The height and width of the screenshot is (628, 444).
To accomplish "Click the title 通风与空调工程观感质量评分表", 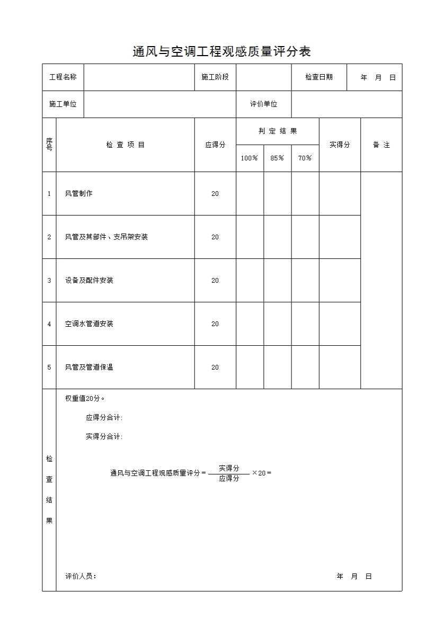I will coord(221,51).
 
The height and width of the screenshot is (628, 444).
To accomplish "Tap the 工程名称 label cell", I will coord(63,77).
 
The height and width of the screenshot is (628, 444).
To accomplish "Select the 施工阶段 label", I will coord(215,77).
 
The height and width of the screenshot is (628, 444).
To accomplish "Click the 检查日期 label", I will coord(319,77).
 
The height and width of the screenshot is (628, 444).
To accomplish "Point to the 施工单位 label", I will coord(63,104).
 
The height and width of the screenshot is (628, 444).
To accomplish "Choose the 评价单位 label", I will coord(263,104).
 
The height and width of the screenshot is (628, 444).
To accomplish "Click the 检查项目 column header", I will coord(126,145).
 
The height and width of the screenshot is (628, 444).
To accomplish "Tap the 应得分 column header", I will coord(215,145).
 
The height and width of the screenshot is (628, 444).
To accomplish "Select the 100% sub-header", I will coord(250,158).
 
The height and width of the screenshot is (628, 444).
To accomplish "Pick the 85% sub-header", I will coord(277,158).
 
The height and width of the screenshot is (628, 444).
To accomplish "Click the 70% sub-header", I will coord(305,158).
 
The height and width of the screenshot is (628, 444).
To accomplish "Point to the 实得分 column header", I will coord(340,145).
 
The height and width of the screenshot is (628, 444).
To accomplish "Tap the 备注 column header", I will coord(381,145).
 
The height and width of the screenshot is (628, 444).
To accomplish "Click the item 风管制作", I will coord(79,194).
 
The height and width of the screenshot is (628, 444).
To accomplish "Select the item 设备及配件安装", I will coord(89,281).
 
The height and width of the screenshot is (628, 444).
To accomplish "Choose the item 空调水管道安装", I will coord(89,324).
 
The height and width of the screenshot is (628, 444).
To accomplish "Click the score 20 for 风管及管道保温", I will coord(215,367).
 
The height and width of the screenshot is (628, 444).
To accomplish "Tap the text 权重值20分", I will coord(85,399).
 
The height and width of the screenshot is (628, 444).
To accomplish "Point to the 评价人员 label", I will coord(81,577).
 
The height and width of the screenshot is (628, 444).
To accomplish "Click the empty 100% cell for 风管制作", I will coord(250,194).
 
